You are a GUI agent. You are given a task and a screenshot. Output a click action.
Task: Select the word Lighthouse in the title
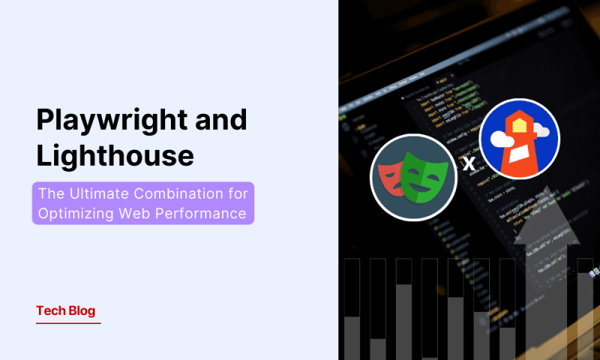point(115,156)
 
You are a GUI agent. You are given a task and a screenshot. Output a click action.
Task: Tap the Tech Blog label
point(66,310)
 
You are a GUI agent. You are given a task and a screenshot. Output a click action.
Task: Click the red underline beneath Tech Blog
point(67,323)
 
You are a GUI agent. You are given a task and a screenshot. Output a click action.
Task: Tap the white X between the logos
point(469,163)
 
